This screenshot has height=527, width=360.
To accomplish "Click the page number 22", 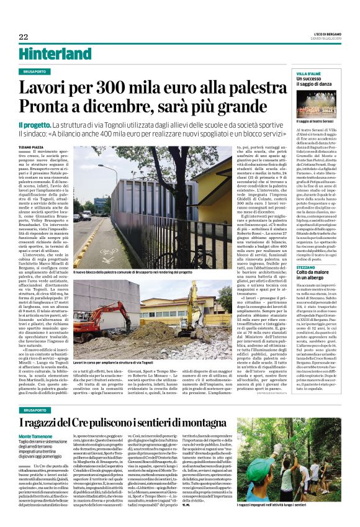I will tap(23, 37).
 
